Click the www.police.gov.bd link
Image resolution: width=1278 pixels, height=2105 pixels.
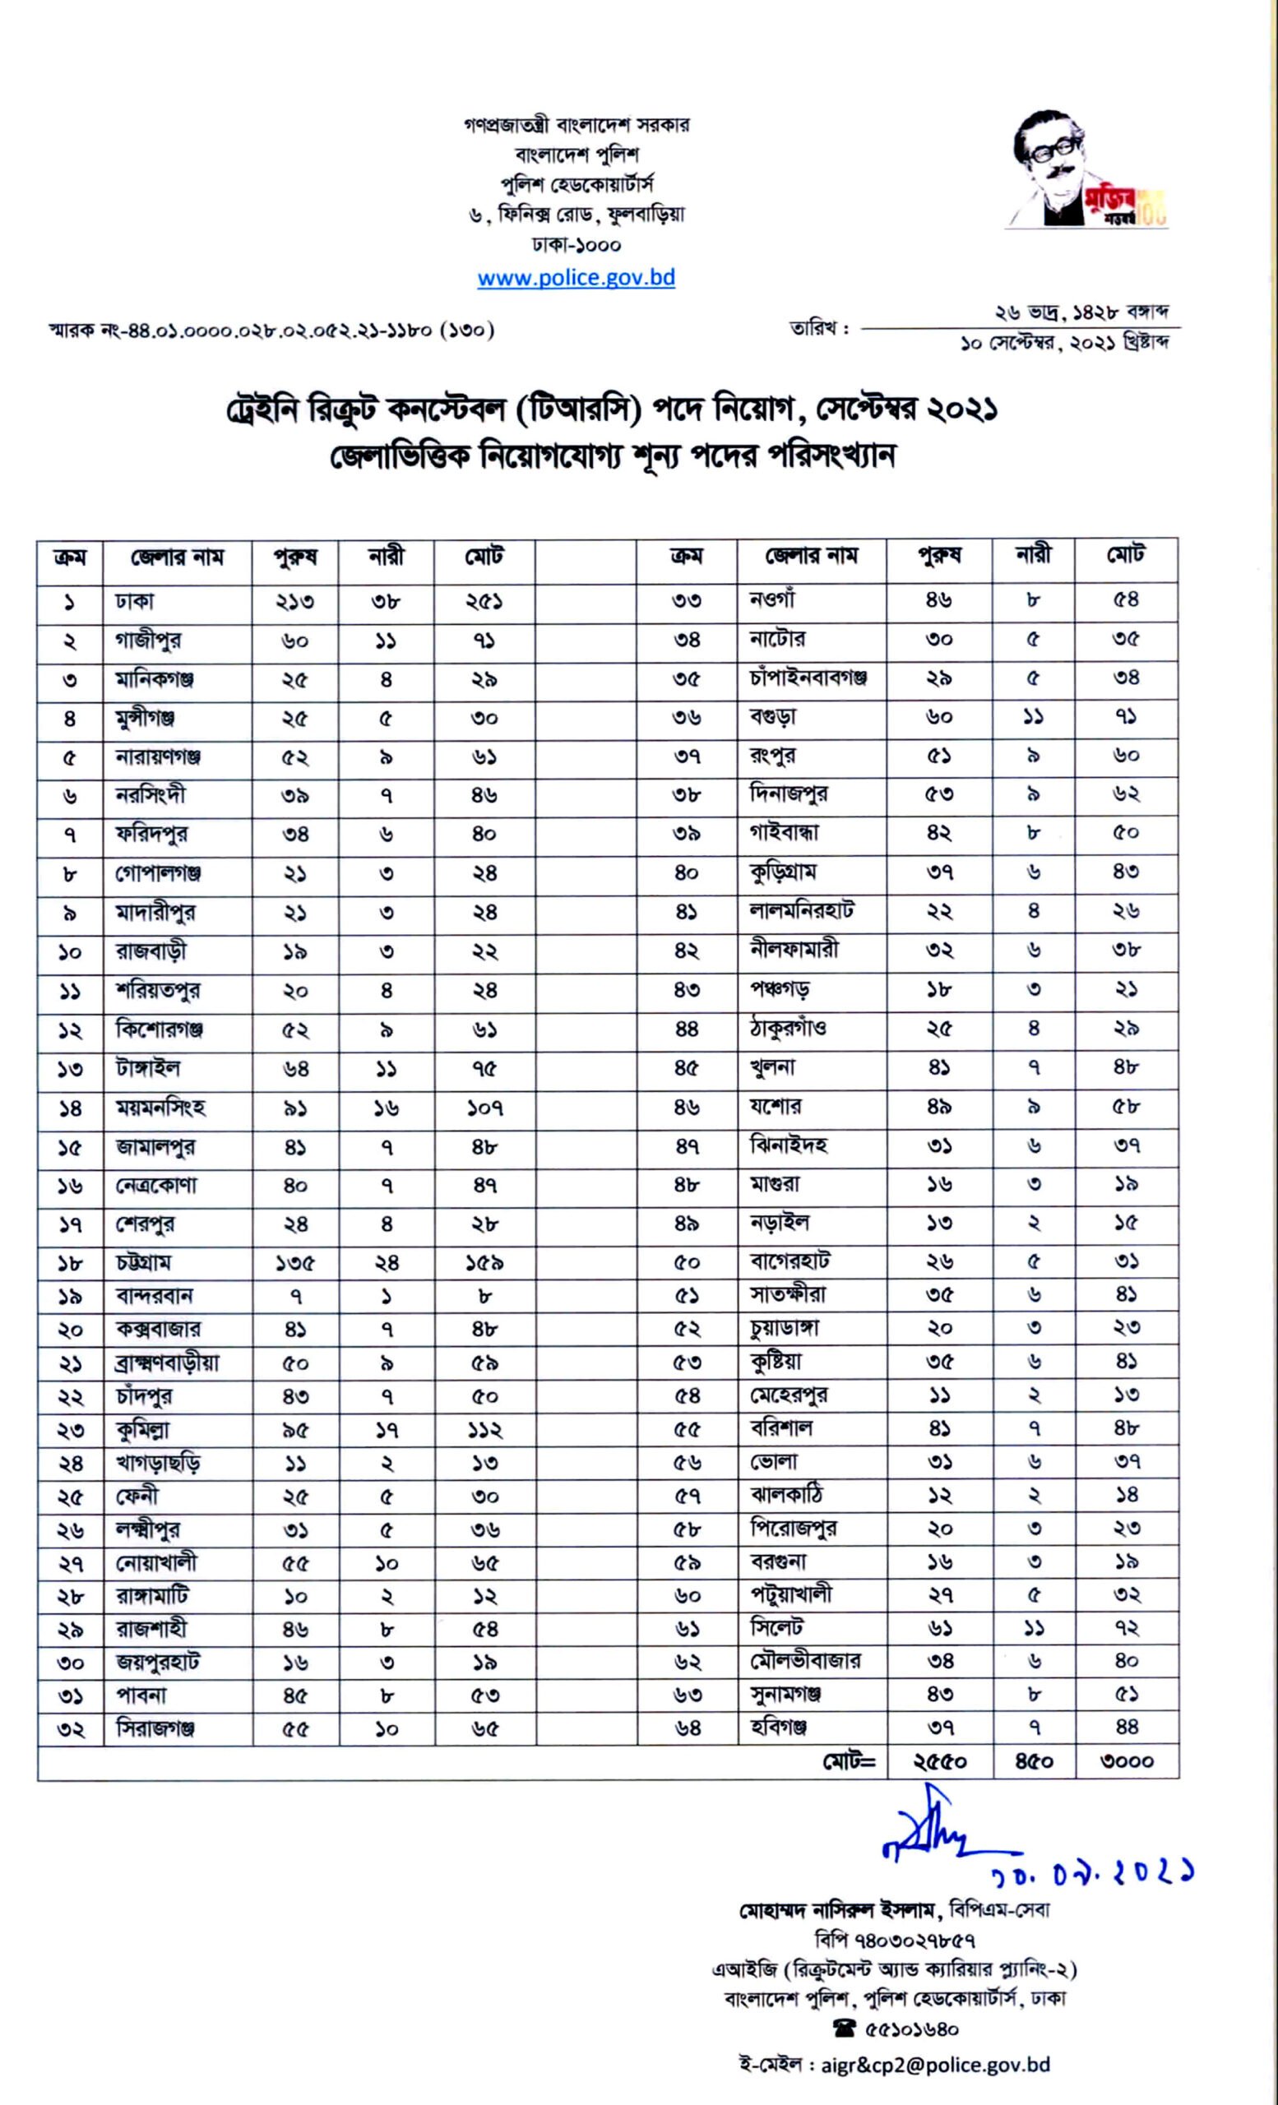[576, 278]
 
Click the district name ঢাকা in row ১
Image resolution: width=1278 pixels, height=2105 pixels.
[135, 601]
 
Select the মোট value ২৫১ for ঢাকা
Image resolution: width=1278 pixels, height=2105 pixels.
[484, 601]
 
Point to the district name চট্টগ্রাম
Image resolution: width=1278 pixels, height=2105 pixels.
[145, 1262]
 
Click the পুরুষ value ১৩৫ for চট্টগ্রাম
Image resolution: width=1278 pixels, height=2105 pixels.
[294, 1263]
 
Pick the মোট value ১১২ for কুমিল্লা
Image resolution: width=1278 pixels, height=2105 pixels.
[484, 1430]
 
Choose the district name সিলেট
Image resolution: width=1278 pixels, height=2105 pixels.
[776, 1627]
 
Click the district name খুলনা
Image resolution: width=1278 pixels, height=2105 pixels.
[772, 1067]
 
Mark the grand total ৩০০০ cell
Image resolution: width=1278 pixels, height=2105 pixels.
[1127, 1760]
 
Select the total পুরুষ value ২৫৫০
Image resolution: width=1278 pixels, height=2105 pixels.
[939, 1760]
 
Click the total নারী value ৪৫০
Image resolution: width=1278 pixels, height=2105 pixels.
[1034, 1760]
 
